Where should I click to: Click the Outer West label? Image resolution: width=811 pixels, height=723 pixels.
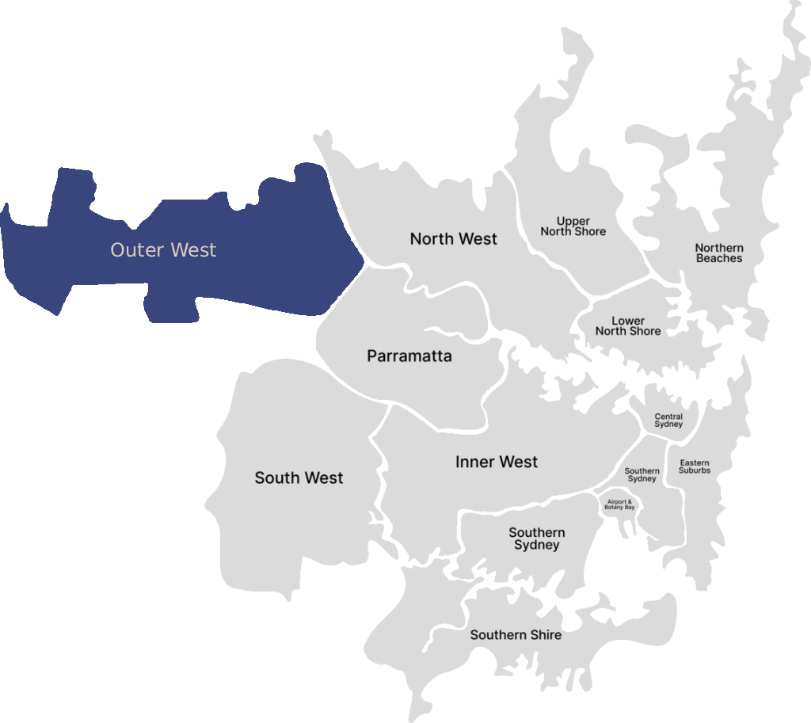(x=163, y=250)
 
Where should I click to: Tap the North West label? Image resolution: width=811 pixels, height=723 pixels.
(x=454, y=238)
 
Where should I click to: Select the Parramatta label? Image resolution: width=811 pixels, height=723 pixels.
(x=409, y=356)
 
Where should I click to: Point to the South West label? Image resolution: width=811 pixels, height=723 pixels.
(x=299, y=478)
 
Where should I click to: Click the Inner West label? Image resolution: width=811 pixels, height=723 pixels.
(x=497, y=462)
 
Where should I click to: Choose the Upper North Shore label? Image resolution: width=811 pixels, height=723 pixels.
(x=573, y=226)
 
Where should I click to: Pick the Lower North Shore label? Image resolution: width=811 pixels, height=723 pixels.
(x=628, y=326)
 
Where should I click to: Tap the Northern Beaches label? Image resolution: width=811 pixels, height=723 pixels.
(x=719, y=253)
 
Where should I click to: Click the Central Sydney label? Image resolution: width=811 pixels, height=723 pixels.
(x=668, y=420)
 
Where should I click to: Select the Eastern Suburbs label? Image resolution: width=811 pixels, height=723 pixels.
(x=695, y=466)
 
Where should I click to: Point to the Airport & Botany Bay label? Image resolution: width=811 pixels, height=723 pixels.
(x=620, y=504)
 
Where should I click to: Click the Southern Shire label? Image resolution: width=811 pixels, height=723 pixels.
(x=516, y=634)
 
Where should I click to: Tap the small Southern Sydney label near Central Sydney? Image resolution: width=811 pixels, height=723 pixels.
(x=642, y=475)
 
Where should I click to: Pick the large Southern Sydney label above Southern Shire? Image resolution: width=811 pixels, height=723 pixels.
(x=537, y=538)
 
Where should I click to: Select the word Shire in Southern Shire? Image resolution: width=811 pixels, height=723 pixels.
(x=546, y=634)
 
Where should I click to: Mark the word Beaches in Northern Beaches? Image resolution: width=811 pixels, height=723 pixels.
(x=719, y=258)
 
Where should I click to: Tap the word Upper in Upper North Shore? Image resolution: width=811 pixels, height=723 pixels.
(x=573, y=221)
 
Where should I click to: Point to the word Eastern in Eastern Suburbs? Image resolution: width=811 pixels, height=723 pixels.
(x=695, y=462)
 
